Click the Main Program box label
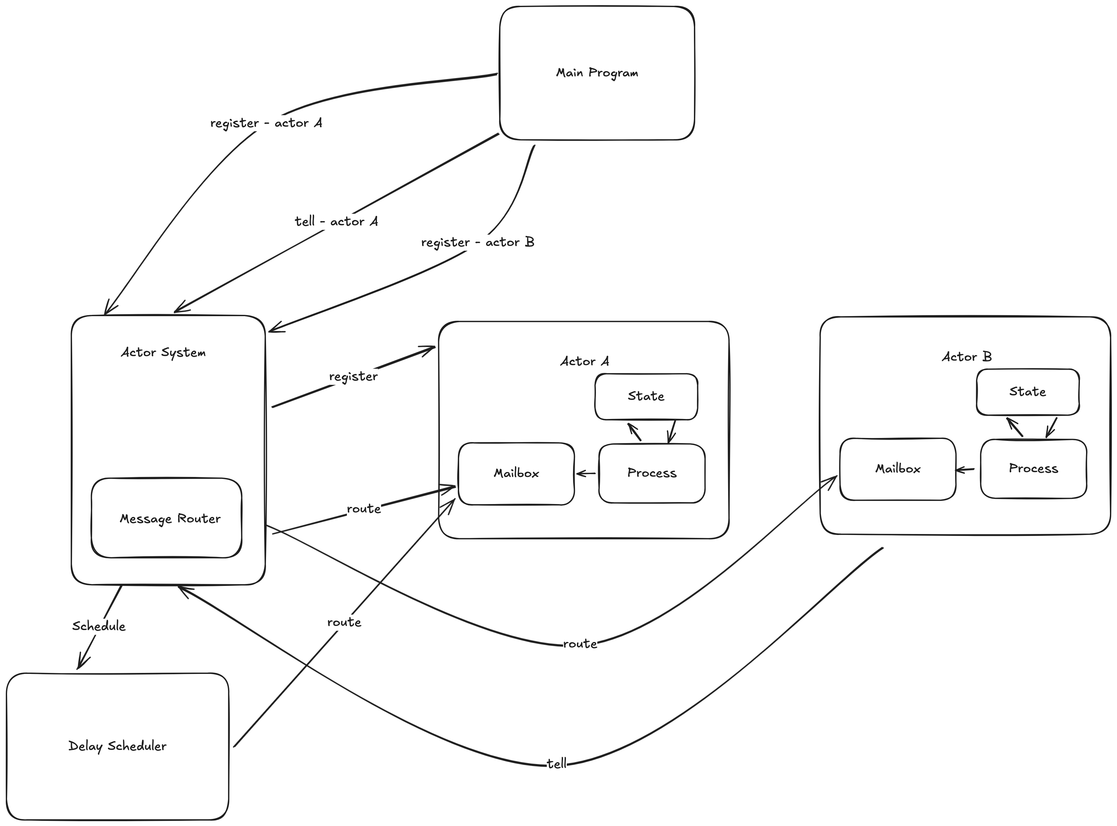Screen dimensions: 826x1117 tap(597, 73)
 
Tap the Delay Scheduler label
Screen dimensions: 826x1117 tap(117, 746)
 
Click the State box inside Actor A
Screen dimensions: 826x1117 tap(646, 396)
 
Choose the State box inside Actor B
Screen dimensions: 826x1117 tap(1027, 392)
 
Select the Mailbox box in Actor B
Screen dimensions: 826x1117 tap(897, 469)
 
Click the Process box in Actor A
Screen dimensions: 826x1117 tap(652, 473)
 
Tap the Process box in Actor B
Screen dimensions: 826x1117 tap(1033, 469)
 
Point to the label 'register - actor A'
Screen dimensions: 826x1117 tap(266, 123)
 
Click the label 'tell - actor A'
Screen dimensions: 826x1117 tap(336, 221)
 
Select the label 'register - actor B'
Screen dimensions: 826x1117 tap(478, 242)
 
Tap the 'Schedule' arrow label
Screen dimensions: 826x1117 tap(99, 626)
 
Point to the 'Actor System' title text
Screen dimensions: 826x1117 tap(163, 353)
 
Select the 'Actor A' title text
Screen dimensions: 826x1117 tap(584, 362)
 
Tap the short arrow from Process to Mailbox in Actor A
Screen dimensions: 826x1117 tap(586, 473)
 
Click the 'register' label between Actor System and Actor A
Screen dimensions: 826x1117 tap(353, 376)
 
